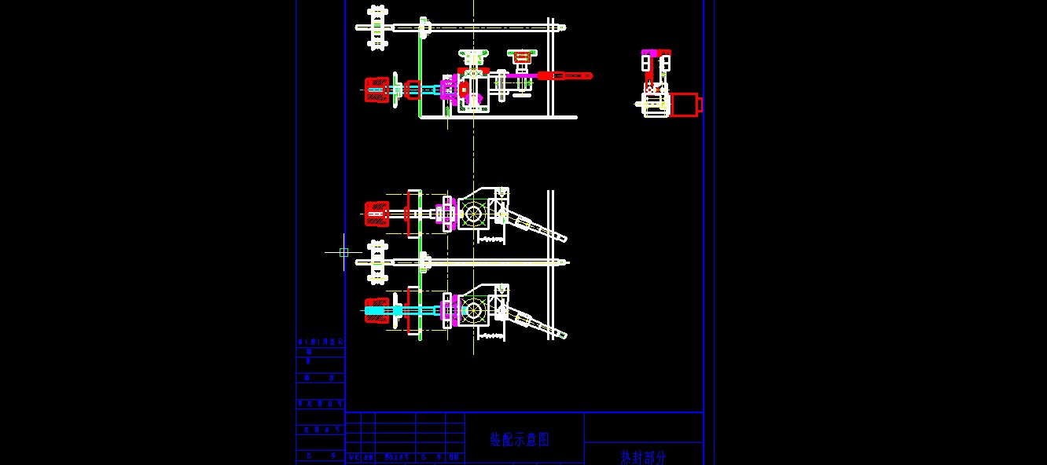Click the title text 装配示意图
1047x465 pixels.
tap(520, 439)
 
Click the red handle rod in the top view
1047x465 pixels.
tap(564, 75)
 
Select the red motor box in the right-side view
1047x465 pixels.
tap(684, 104)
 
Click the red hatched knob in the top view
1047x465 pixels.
tap(377, 90)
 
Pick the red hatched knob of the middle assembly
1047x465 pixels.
tap(377, 213)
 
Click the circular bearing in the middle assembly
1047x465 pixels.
tap(473, 214)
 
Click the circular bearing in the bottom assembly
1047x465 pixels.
tap(473, 309)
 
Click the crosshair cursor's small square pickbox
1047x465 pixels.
tap(343, 252)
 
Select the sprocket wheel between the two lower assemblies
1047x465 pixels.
tap(378, 262)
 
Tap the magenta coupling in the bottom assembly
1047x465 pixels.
tap(449, 310)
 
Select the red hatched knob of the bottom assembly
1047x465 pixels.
tap(377, 310)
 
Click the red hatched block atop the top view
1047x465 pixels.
tap(521, 56)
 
